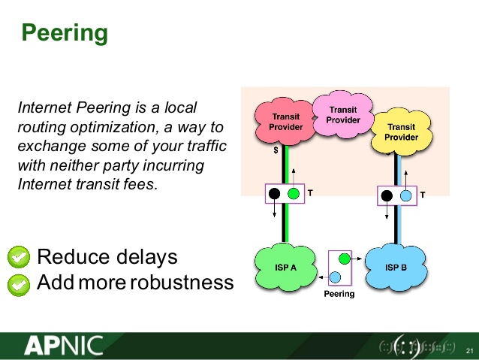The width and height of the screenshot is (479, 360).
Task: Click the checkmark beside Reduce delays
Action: click(x=18, y=258)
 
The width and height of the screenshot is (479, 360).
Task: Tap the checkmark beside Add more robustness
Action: click(x=18, y=283)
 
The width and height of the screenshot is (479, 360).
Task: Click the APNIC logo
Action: click(x=63, y=346)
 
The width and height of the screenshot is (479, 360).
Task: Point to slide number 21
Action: click(x=469, y=351)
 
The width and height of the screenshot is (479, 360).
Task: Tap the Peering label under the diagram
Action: click(x=339, y=294)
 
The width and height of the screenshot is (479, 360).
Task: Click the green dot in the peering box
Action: click(x=344, y=259)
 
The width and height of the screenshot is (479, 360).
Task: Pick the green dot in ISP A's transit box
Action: click(x=294, y=193)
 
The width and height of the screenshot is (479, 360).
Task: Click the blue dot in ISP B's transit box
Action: click(x=405, y=195)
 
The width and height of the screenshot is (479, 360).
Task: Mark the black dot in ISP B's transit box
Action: click(x=387, y=195)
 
